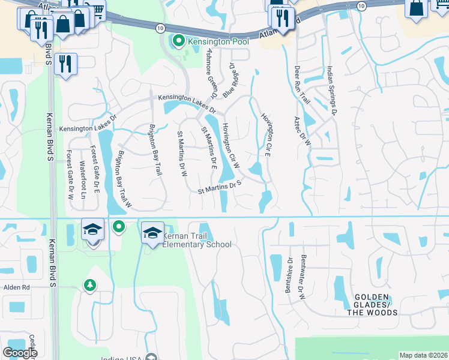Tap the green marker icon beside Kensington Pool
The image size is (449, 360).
coord(178,41)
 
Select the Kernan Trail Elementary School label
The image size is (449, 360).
coord(197,240)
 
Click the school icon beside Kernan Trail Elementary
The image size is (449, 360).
coord(153,233)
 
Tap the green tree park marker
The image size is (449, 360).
coord(90,285)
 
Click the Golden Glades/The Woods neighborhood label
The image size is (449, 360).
coord(376,305)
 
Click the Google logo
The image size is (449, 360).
coord(20,353)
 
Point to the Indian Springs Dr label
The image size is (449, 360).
coord(331,90)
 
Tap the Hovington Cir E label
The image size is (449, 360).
coord(268,130)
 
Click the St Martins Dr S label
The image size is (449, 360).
coord(219,188)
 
